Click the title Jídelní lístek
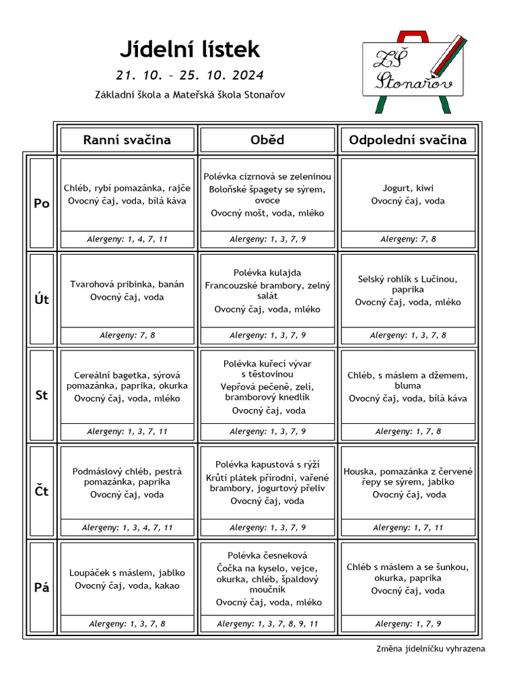(190, 49)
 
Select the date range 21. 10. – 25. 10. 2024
(190, 75)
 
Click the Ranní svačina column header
(127, 140)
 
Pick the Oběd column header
(267, 140)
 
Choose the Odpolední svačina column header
(407, 140)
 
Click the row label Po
(42, 203)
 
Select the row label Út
(42, 299)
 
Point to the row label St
(42, 396)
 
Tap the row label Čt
(42, 491)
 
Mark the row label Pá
(42, 588)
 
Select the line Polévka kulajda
(267, 273)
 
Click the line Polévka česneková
(267, 555)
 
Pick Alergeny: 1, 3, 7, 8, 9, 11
(267, 624)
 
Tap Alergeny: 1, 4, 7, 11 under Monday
(127, 239)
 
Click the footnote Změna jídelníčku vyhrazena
(430, 649)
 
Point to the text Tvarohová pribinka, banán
(127, 284)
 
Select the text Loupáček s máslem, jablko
(127, 573)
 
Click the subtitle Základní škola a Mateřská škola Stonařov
(190, 95)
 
